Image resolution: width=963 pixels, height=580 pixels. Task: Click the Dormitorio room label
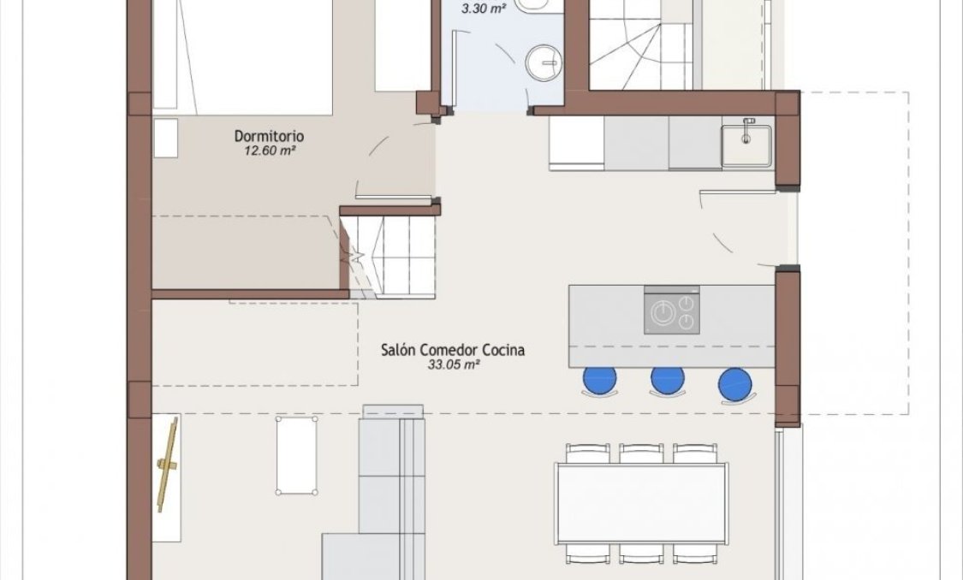click(x=270, y=136)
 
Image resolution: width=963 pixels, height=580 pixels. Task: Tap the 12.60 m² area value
click(x=270, y=151)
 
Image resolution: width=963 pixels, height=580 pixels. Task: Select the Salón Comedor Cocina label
click(x=453, y=349)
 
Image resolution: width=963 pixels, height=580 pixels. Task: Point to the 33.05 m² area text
click(x=453, y=364)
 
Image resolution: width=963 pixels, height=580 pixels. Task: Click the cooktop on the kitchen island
click(x=671, y=314)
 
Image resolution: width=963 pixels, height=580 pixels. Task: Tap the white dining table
click(x=641, y=503)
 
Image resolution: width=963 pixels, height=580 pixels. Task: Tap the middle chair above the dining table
click(x=641, y=453)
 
